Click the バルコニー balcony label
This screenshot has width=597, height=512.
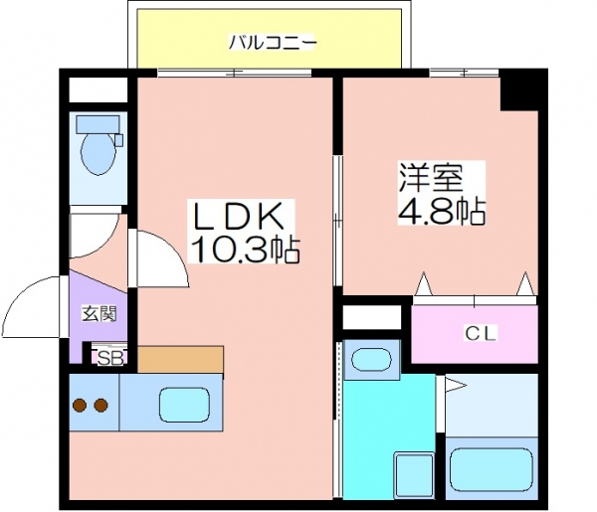tap(273, 42)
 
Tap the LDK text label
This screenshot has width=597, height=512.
tap(239, 216)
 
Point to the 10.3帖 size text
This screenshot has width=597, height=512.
tap(244, 250)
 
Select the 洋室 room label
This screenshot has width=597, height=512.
tap(431, 177)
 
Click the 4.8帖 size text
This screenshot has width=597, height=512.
tap(442, 210)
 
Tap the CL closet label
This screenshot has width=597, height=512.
tap(481, 334)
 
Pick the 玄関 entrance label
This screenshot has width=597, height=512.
tap(99, 314)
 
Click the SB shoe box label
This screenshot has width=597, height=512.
tap(110, 358)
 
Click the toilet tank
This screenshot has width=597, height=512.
tap(98, 124)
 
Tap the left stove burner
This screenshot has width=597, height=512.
tap(80, 406)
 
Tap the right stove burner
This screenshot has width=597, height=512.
tap(100, 406)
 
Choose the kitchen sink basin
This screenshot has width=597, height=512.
tap(185, 406)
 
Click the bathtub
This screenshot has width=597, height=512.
tap(491, 469)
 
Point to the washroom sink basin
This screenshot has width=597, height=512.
tap(371, 360)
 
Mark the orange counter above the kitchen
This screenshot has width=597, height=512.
tap(180, 360)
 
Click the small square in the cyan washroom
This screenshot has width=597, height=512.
tap(414, 474)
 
